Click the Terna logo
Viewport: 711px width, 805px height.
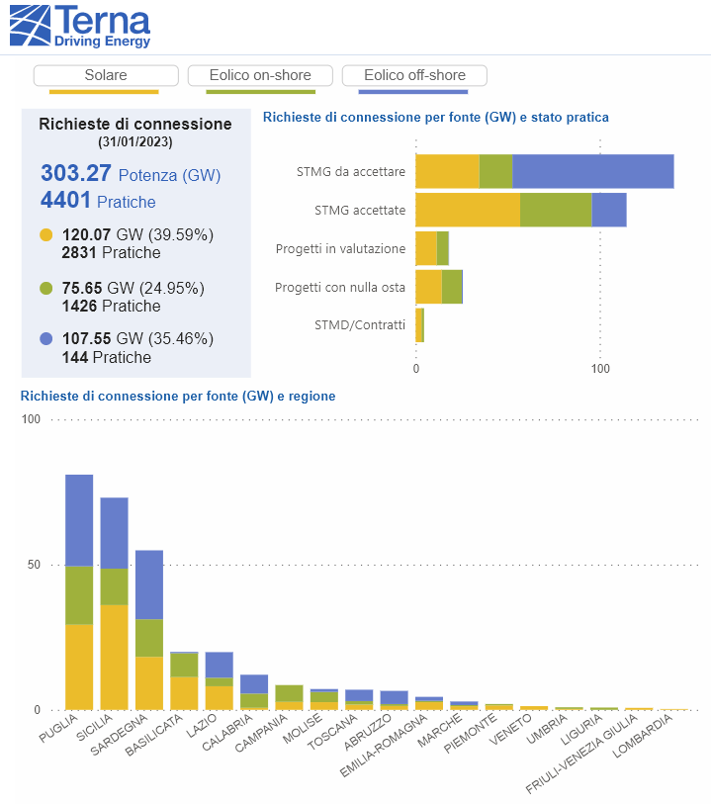click(x=80, y=27)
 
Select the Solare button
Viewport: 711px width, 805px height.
click(x=106, y=75)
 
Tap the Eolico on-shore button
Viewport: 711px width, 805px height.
click(x=260, y=75)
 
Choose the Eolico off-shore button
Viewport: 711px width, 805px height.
click(x=414, y=75)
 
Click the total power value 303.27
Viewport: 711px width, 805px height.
click(x=76, y=173)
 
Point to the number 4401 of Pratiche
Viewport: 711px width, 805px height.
click(x=65, y=200)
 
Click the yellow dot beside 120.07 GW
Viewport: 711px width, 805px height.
click(x=46, y=234)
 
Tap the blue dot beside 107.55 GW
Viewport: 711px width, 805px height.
click(x=46, y=339)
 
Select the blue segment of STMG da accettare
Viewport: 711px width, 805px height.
click(x=593, y=171)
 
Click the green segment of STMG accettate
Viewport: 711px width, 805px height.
click(x=556, y=210)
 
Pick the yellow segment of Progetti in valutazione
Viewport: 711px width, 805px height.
click(x=426, y=248)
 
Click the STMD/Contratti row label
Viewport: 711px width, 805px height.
click(x=360, y=325)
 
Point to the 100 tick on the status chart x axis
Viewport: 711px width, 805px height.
click(x=600, y=369)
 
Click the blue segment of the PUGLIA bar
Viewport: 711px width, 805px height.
click(x=79, y=520)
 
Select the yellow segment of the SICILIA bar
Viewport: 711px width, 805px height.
click(x=114, y=657)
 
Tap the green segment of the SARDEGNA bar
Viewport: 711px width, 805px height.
click(x=149, y=638)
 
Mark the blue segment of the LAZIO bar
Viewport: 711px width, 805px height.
click(x=220, y=665)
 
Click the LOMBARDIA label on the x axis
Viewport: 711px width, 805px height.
click(x=643, y=736)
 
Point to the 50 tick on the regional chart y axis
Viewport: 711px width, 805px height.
click(x=34, y=565)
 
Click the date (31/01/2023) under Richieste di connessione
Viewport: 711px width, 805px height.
click(x=135, y=142)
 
